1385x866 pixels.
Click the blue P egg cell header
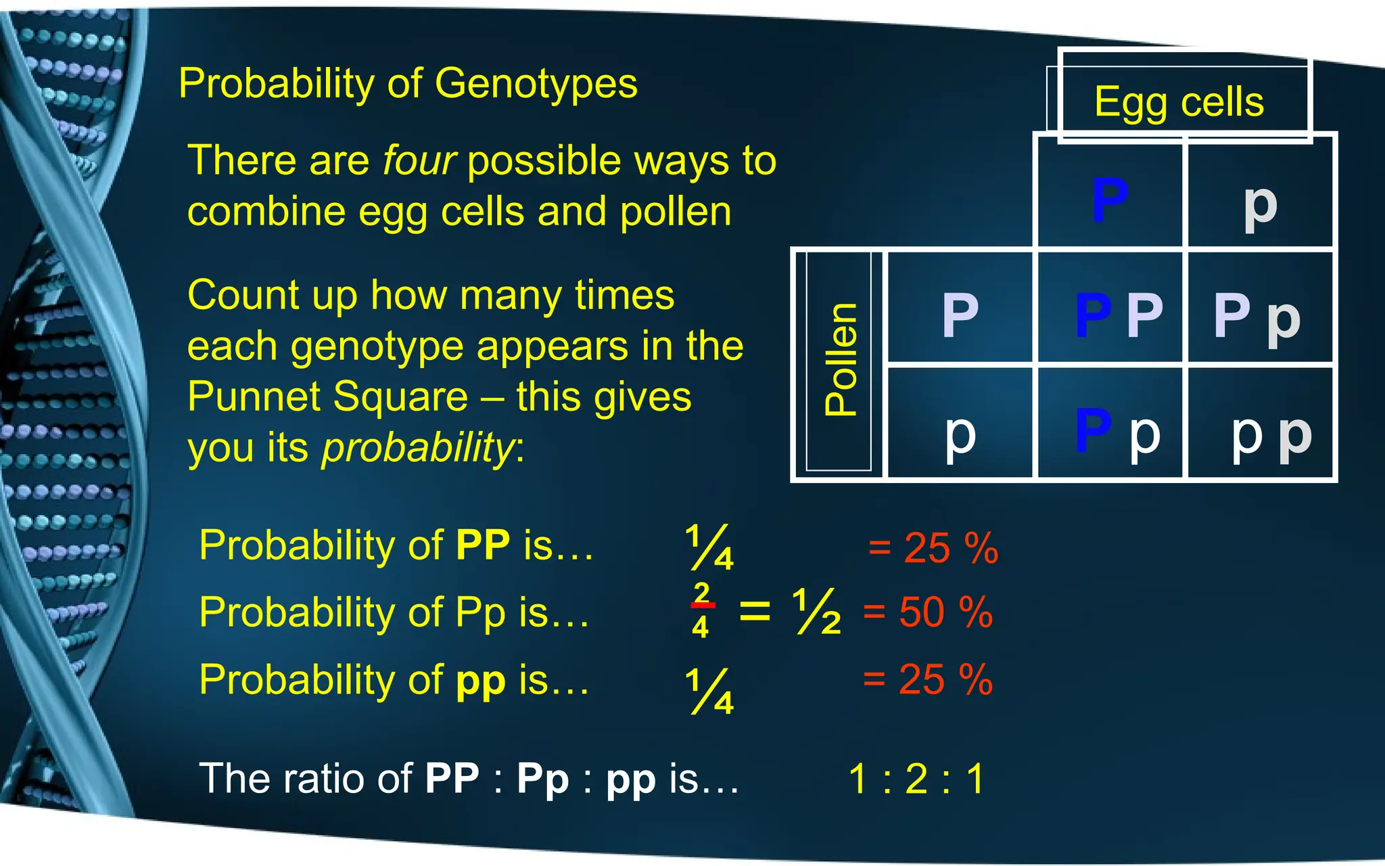point(1110,199)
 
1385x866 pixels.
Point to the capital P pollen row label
point(960,315)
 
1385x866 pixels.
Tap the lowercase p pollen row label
point(960,434)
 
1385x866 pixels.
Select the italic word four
point(419,161)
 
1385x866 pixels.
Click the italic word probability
point(418,448)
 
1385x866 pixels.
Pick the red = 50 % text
point(928,612)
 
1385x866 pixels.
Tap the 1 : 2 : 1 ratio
point(916,778)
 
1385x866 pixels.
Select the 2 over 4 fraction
point(701,610)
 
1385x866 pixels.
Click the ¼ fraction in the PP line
point(709,547)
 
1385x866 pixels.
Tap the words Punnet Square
point(327,396)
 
